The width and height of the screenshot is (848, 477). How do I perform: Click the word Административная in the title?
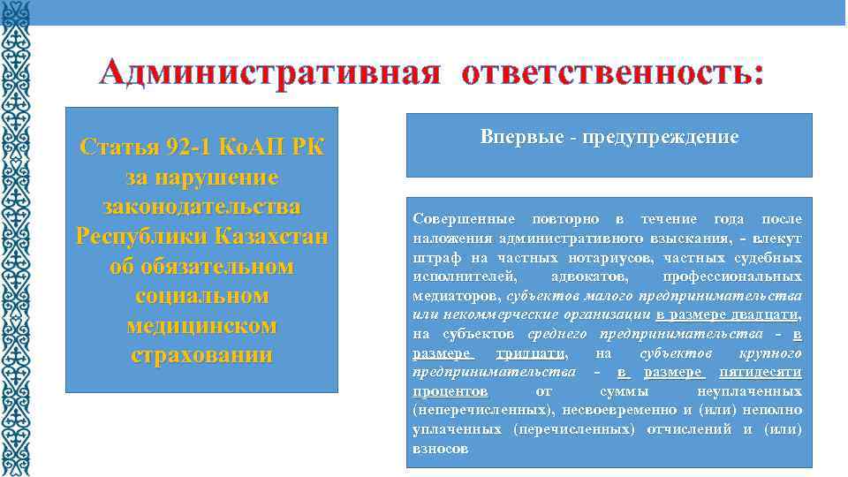[x=269, y=72]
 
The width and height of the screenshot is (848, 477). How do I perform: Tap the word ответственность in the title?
[x=610, y=72]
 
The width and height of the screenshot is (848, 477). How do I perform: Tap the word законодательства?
[x=201, y=207]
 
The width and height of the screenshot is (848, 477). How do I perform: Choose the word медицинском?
[x=201, y=325]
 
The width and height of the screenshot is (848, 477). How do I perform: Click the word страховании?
[x=201, y=355]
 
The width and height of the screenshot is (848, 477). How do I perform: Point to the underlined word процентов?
[x=450, y=390]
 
